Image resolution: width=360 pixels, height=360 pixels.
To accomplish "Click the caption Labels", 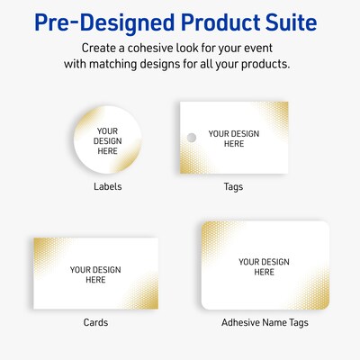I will (107, 187).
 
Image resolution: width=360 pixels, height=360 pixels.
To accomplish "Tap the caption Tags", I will (233, 187).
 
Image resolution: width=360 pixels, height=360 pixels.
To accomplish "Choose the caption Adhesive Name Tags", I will (264, 322).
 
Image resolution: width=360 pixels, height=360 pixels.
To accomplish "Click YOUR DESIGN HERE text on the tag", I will (234, 139).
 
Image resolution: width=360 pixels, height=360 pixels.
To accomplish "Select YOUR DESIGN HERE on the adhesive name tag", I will (264, 267).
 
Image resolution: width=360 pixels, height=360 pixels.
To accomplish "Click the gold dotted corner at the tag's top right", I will (274, 112).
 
